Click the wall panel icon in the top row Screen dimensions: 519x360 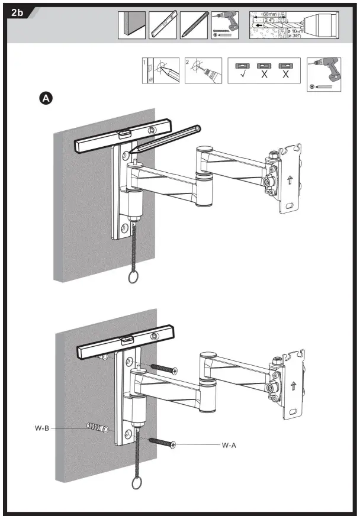pyautogui.click(x=131, y=25)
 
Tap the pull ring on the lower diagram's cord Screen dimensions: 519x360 pyautogui.click(x=137, y=482)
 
